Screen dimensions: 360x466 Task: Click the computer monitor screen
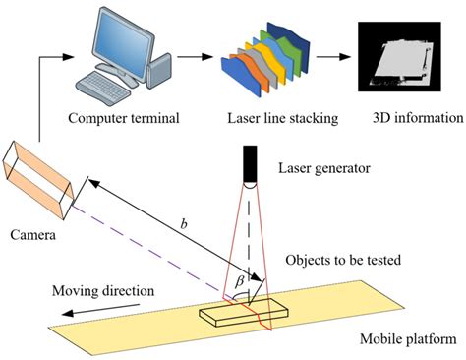point(125,37)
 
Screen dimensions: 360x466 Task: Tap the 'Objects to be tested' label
point(338,260)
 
